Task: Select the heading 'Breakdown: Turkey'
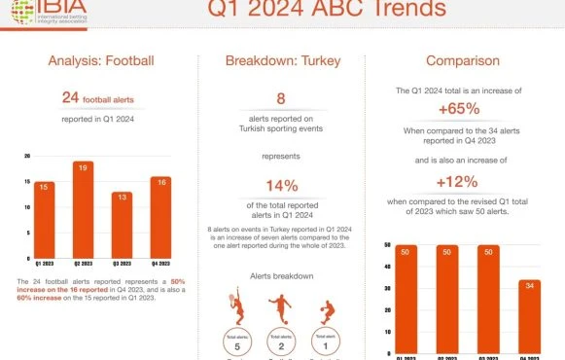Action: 282,61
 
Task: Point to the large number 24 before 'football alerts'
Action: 70,97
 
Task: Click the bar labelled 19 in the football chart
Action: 83,209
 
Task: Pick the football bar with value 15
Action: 45,219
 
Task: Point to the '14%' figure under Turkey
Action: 281,186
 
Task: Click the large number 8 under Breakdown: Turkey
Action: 281,99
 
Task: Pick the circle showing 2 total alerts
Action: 281,342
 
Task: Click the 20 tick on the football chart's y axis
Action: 27,156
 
